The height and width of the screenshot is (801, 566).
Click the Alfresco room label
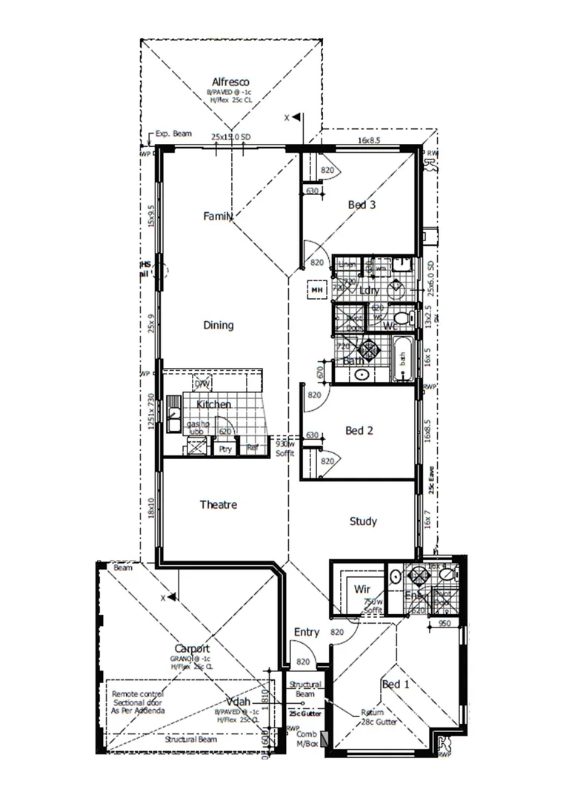coord(230,82)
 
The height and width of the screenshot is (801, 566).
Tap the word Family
coord(219,217)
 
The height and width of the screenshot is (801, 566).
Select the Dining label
coord(219,325)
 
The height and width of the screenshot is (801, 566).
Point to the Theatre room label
coord(219,504)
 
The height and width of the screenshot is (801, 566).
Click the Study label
coord(363,521)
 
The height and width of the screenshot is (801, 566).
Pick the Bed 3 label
coord(362,205)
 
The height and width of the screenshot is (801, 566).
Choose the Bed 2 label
coord(359,430)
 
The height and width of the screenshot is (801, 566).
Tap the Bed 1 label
coord(395,684)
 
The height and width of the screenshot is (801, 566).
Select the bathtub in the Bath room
coord(403,358)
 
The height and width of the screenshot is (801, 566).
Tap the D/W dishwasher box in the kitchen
coord(202,383)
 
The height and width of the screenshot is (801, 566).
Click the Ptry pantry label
coord(224,449)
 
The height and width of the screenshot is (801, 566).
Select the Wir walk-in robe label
coord(362,588)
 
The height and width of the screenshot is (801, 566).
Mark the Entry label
coord(307,633)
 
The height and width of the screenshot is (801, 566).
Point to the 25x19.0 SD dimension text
coord(230,137)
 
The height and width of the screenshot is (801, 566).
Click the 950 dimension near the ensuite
coord(445,624)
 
